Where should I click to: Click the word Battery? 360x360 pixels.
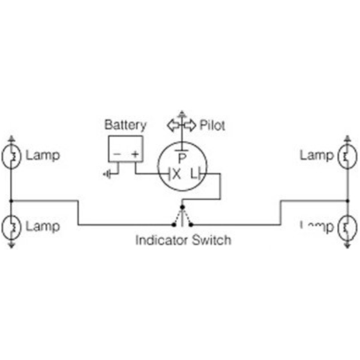[125, 125]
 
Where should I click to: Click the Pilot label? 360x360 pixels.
[212, 125]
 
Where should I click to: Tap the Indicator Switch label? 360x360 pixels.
[183, 241]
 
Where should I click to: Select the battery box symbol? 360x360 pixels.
[125, 149]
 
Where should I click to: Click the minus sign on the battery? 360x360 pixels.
[117, 154]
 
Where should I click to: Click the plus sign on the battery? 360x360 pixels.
[135, 154]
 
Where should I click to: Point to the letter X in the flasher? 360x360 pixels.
[176, 174]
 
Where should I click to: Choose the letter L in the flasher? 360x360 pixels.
[193, 174]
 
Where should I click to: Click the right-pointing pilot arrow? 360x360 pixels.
[190, 125]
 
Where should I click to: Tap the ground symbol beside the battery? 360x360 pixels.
[107, 175]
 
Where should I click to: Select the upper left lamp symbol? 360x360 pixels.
[11, 157]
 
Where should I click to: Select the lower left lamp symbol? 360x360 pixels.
[11, 227]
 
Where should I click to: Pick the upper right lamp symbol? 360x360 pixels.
[347, 157]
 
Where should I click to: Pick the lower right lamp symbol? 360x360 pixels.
[347, 227]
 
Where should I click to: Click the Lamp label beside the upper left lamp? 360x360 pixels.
[43, 156]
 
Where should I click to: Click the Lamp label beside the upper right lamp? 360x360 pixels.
[316, 156]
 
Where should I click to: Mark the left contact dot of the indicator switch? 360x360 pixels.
[174, 225]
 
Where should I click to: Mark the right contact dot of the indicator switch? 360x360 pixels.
[191, 225]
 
